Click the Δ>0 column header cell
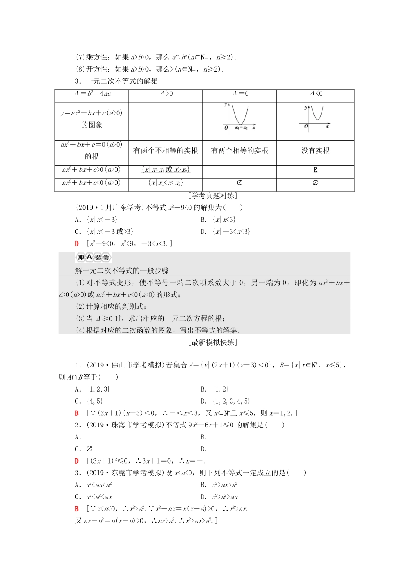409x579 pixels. [x=166, y=94]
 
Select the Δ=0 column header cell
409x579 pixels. [x=240, y=94]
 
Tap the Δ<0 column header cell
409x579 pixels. [x=316, y=94]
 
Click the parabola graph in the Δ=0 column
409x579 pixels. [x=239, y=117]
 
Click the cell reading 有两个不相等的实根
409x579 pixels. [x=166, y=151]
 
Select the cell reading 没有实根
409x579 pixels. [x=316, y=151]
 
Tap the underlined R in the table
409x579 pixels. [x=316, y=170]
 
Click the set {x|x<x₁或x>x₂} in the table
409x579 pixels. [x=166, y=170]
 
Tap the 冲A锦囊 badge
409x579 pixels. [x=93, y=258]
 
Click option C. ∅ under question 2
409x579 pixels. [x=84, y=449]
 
